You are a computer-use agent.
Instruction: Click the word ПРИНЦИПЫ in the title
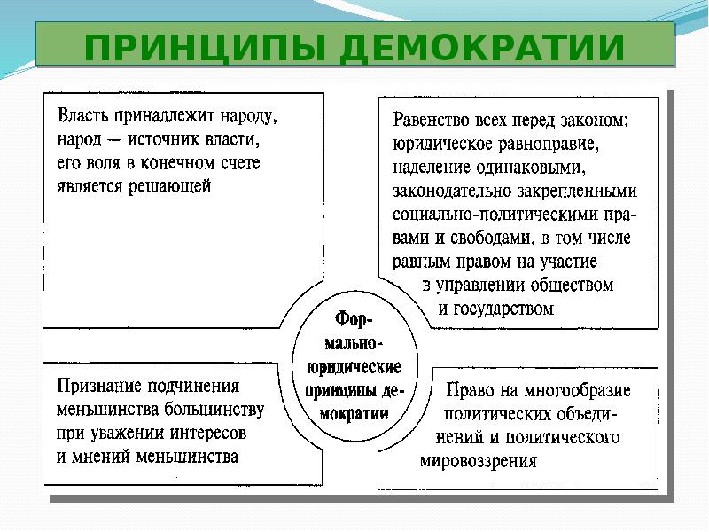coord(205,48)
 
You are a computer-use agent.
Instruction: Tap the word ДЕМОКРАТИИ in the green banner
coord(482,48)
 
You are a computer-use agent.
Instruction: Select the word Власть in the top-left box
coord(82,116)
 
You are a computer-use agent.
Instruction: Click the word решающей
coord(170,186)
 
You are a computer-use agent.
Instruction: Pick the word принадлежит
coord(164,116)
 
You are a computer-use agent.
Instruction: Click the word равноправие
coord(549,145)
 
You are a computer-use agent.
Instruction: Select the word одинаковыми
coord(531,168)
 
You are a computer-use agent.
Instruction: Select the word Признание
coord(100,387)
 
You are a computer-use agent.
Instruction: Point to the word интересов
coord(208,434)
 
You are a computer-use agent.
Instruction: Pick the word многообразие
coord(578,390)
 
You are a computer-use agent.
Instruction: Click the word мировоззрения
coord(479,461)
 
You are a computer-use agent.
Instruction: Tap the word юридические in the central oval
coord(354,367)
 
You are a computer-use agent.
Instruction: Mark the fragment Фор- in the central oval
coord(354,320)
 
